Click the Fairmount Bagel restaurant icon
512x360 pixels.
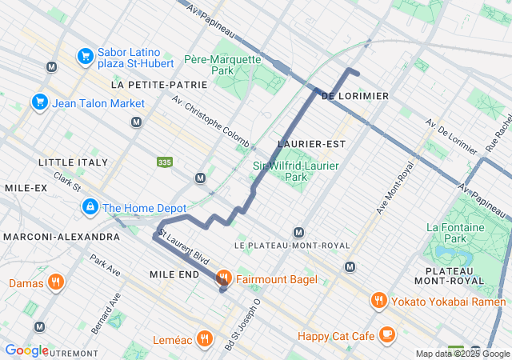point(223,278)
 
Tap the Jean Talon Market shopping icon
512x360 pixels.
point(39,102)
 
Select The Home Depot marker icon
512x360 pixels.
point(90,208)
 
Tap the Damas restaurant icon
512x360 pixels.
point(55,282)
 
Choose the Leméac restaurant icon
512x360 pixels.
point(205,339)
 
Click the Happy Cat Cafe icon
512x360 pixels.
point(387,334)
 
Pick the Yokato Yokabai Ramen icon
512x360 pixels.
point(379,301)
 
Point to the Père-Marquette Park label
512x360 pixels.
point(222,65)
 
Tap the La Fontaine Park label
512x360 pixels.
point(457,233)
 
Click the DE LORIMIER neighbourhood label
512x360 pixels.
point(354,96)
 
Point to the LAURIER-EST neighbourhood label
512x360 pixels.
point(299,144)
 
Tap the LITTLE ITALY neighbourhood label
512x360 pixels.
point(73,162)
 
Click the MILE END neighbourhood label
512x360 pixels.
point(174,274)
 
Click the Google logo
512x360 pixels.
point(26,350)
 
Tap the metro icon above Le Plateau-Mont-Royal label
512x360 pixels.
point(298,232)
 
